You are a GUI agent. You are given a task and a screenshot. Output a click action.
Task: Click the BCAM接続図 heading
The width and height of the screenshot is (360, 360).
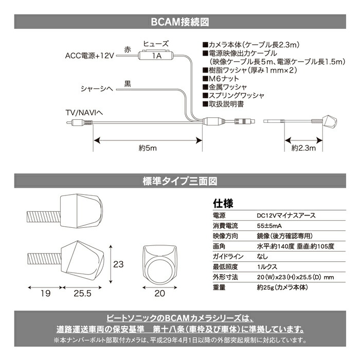179,23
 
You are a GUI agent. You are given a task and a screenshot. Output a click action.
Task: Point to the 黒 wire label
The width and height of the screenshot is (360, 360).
128,82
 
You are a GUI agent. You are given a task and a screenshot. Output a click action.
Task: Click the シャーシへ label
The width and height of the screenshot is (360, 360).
96,88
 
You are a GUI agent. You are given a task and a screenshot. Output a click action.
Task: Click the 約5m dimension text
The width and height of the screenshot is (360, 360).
147,148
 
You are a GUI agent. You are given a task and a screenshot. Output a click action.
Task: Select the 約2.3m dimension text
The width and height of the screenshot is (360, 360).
303,148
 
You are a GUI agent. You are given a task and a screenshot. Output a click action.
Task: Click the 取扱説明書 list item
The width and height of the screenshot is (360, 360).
223,104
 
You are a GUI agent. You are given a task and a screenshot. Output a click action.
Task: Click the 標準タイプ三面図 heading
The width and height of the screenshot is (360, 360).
179,181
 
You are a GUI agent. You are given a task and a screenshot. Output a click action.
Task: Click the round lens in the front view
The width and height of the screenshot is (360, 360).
159,271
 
